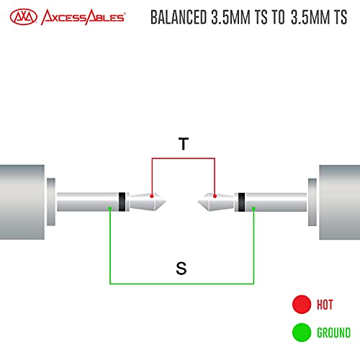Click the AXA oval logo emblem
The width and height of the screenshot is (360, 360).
(x=24, y=17)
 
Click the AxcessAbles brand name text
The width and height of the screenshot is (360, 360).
(x=83, y=17)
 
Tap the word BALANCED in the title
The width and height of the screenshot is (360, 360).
(x=179, y=17)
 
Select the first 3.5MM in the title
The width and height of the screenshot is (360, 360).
(x=230, y=17)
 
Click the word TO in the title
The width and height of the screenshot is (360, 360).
(x=278, y=17)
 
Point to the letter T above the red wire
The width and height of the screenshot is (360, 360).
(x=184, y=143)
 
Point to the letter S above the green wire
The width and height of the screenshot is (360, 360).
(x=181, y=269)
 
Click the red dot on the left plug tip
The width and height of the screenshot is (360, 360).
(x=152, y=196)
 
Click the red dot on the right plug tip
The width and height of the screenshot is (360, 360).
(x=215, y=196)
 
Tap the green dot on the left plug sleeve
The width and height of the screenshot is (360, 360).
(x=110, y=208)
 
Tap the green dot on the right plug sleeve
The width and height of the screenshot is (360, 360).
(x=253, y=208)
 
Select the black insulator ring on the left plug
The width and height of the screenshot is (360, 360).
(x=122, y=202)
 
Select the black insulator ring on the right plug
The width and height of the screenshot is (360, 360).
(x=241, y=202)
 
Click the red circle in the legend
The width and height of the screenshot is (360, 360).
(x=302, y=305)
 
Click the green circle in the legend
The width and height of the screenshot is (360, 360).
(x=302, y=333)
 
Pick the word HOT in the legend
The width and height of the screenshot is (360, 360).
(x=325, y=305)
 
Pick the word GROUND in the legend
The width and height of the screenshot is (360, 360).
(x=333, y=333)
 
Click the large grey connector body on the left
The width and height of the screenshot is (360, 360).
(x=22, y=202)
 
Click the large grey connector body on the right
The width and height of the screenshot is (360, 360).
(x=339, y=202)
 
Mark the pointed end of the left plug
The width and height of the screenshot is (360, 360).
(x=166, y=202)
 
